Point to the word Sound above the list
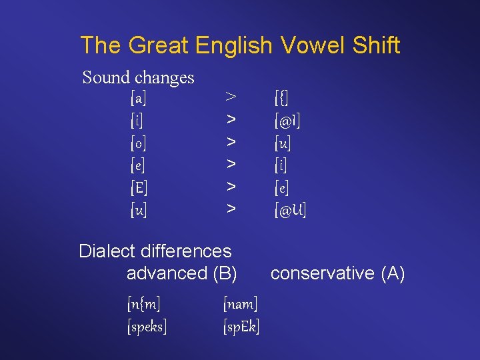(106, 77)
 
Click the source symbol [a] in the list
(139, 99)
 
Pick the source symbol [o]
(139, 143)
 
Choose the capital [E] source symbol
(139, 187)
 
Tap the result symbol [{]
(281, 99)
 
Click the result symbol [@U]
(290, 210)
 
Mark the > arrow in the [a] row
(231, 98)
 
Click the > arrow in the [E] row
(231, 187)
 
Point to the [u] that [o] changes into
(283, 143)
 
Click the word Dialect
(103, 251)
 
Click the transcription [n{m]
(144, 305)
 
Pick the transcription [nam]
(240, 305)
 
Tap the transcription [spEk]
(241, 327)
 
